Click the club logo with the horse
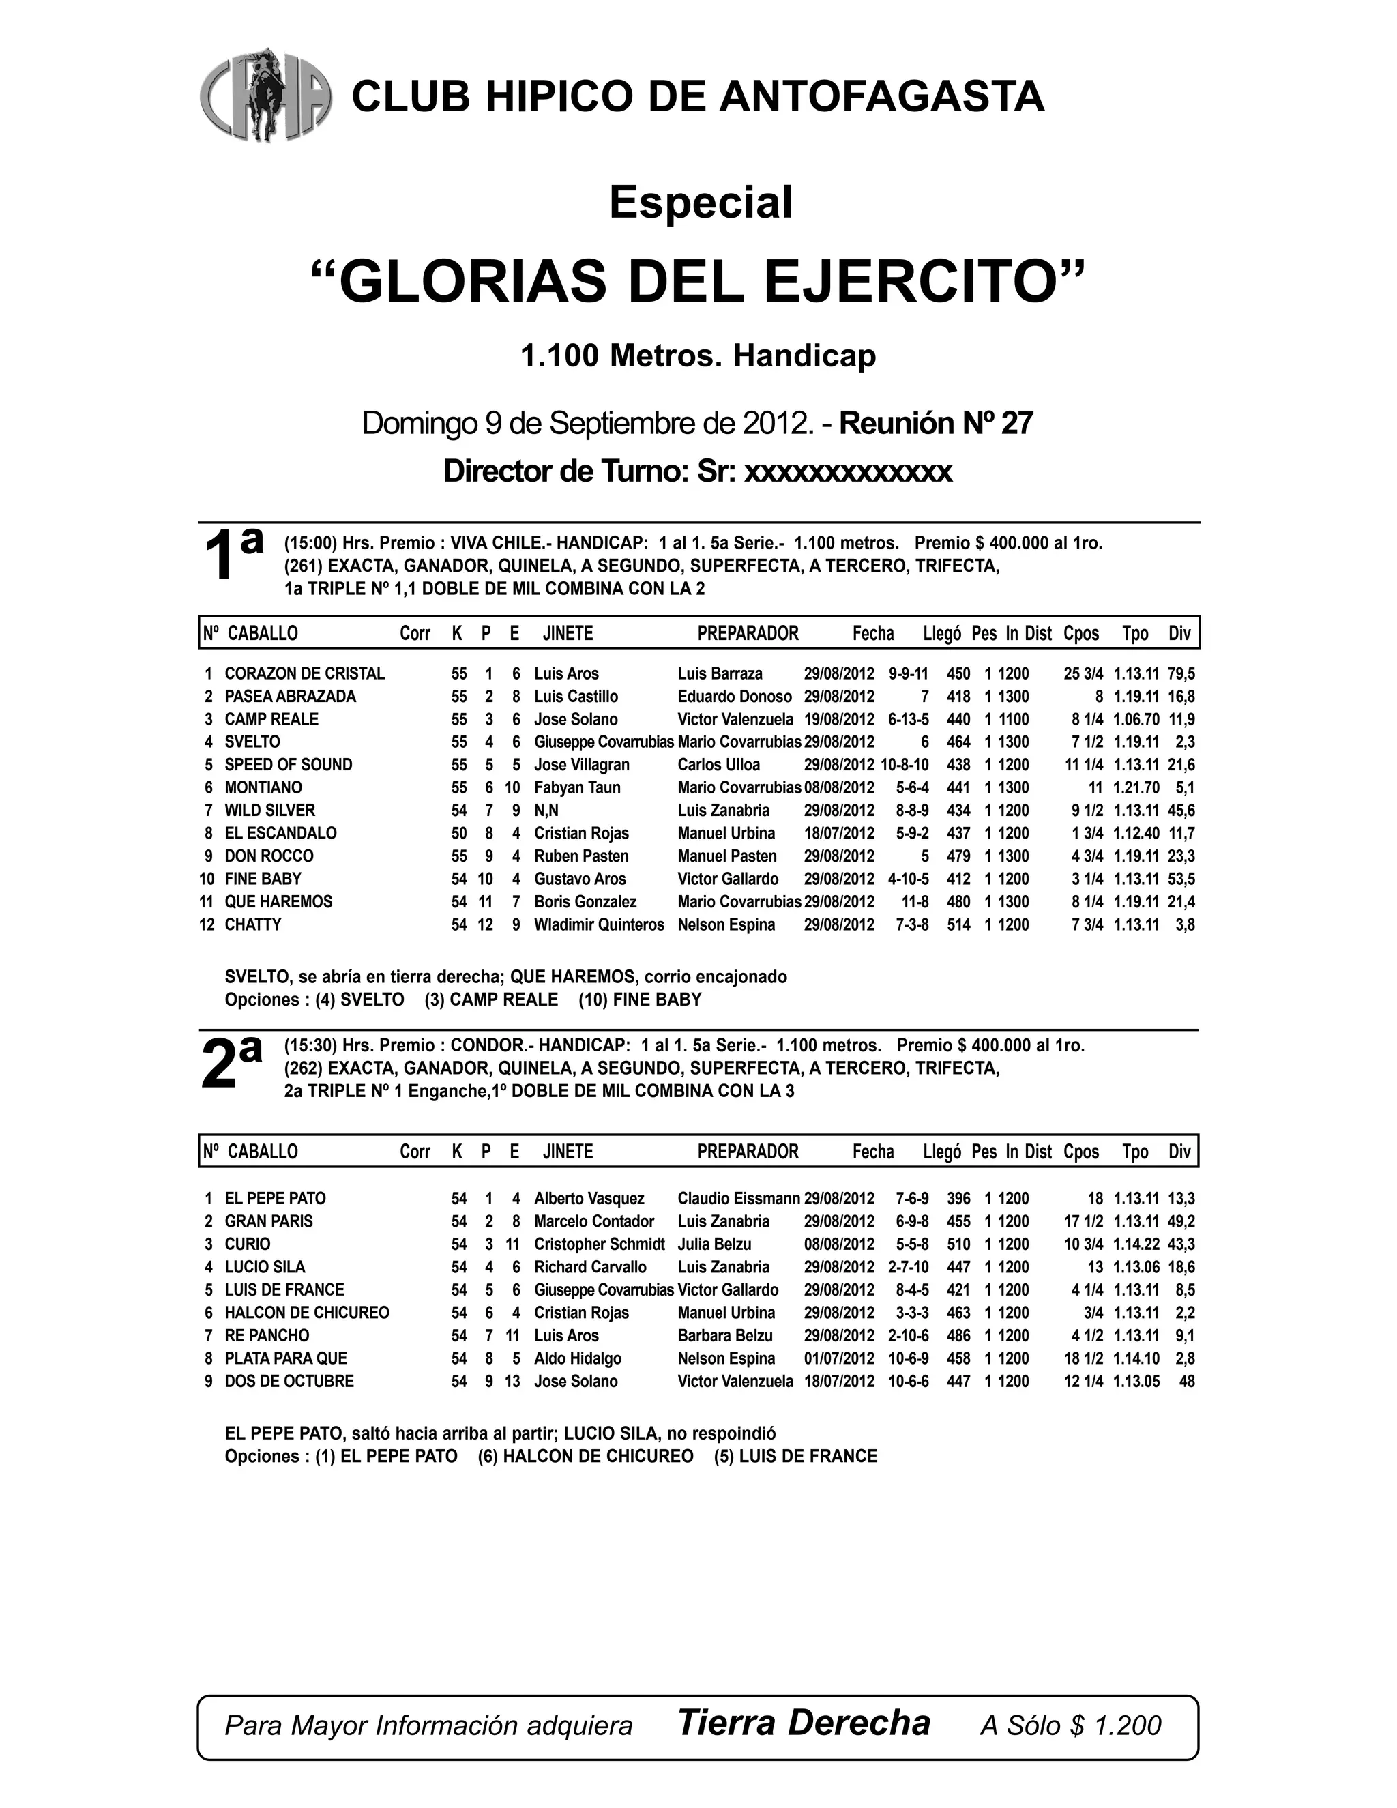[x=265, y=96]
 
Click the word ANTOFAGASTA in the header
[x=881, y=96]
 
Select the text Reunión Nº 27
[x=936, y=423]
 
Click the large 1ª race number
[x=233, y=555]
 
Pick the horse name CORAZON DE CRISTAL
[x=304, y=674]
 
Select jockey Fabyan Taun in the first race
[x=577, y=788]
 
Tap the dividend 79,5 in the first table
[x=1181, y=674]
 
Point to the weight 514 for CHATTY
[x=958, y=924]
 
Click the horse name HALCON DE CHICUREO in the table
[x=307, y=1313]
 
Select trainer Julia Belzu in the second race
[x=714, y=1244]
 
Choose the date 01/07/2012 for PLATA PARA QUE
[x=839, y=1358]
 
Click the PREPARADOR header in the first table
[x=748, y=634]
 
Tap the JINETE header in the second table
[x=568, y=1152]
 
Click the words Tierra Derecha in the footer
[x=804, y=1723]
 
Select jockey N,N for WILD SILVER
[x=546, y=811]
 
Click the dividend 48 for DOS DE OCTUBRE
[x=1187, y=1382]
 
